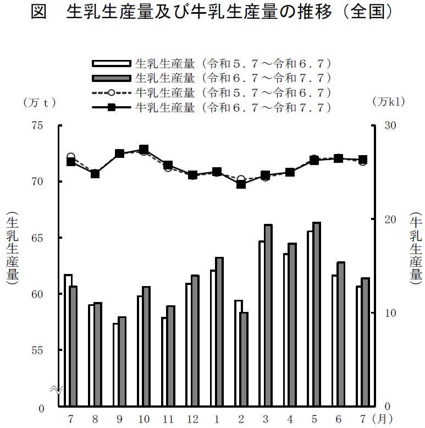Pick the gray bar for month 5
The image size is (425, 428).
coord(316,314)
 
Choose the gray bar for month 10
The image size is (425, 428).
coord(146,347)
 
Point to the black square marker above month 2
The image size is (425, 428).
coord(241,184)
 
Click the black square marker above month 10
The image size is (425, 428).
coord(143,150)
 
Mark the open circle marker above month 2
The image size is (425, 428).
coord(241,179)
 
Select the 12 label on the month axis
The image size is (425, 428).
coord(192,419)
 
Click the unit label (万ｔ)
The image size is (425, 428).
coord(39,102)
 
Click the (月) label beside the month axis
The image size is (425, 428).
coord(382,419)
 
